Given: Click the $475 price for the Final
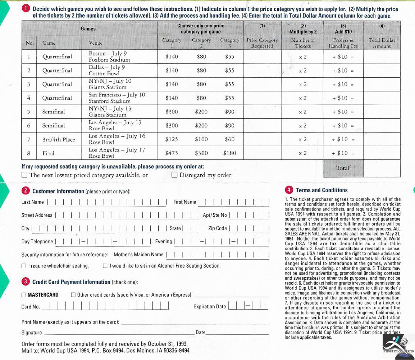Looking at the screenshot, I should (172, 153).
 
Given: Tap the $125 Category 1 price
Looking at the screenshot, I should (172, 139).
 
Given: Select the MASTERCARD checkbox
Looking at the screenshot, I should (24, 295).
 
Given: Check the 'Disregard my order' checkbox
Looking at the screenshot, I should (174, 175).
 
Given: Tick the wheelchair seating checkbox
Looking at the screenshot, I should (24, 266).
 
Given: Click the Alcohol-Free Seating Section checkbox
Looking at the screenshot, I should (105, 266).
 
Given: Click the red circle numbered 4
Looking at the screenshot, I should (289, 190).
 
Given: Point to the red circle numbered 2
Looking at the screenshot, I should (26, 191).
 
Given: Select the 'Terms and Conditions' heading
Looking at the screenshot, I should (321, 190).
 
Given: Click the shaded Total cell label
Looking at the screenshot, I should (343, 168).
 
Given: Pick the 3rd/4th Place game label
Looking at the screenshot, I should (59, 139).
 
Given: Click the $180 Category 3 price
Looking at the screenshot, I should (229, 153).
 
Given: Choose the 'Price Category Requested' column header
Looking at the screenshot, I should (262, 43).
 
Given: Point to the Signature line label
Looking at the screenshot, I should (32, 333).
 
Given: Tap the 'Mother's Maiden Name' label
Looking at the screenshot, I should (138, 255).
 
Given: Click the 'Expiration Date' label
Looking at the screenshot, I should (210, 307).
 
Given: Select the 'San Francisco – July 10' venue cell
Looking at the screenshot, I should (117, 98).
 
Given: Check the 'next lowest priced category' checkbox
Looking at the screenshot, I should (24, 175).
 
